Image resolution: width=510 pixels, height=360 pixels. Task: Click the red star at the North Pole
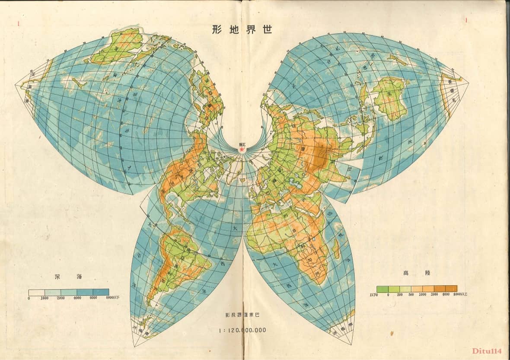click(x=242, y=150)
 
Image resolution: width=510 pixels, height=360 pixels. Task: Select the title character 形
click(x=218, y=29)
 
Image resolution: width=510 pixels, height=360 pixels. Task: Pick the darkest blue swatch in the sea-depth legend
click(x=101, y=292)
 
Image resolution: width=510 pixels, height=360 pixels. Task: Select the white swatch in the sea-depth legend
click(x=37, y=292)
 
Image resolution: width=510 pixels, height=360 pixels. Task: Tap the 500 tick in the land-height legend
click(x=411, y=294)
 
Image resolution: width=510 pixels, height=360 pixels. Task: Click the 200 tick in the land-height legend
click(x=399, y=294)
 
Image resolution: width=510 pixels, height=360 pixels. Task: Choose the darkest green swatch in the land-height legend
click(x=382, y=289)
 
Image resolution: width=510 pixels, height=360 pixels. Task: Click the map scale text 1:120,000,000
click(x=242, y=330)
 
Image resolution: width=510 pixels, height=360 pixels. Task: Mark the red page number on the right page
click(x=466, y=20)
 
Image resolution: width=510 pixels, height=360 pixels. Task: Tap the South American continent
click(x=177, y=259)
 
